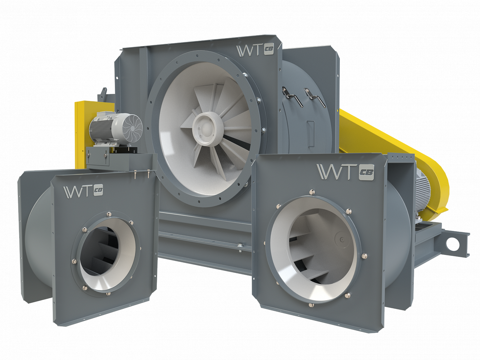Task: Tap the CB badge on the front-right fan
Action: coord(366,172)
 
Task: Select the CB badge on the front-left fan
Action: coord(98,190)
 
